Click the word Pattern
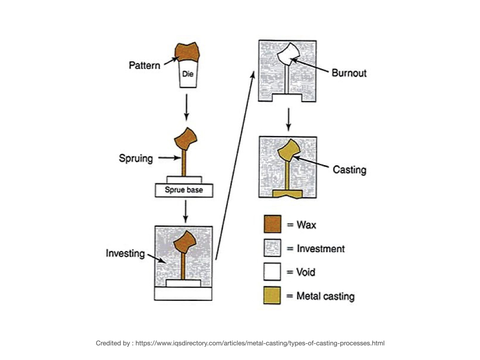tap(144, 65)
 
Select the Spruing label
tap(136, 158)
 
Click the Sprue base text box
tap(183, 190)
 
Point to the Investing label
tap(126, 254)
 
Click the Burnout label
tap(349, 73)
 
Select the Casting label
tap(349, 169)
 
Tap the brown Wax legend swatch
tap(272, 224)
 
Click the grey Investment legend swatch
tap(272, 248)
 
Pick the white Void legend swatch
tap(272, 272)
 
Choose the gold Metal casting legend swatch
tap(272, 296)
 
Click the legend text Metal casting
tap(325, 296)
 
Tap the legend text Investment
tap(321, 248)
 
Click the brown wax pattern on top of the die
tap(187, 51)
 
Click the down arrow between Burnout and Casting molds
tap(289, 120)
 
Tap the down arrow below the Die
tap(187, 107)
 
